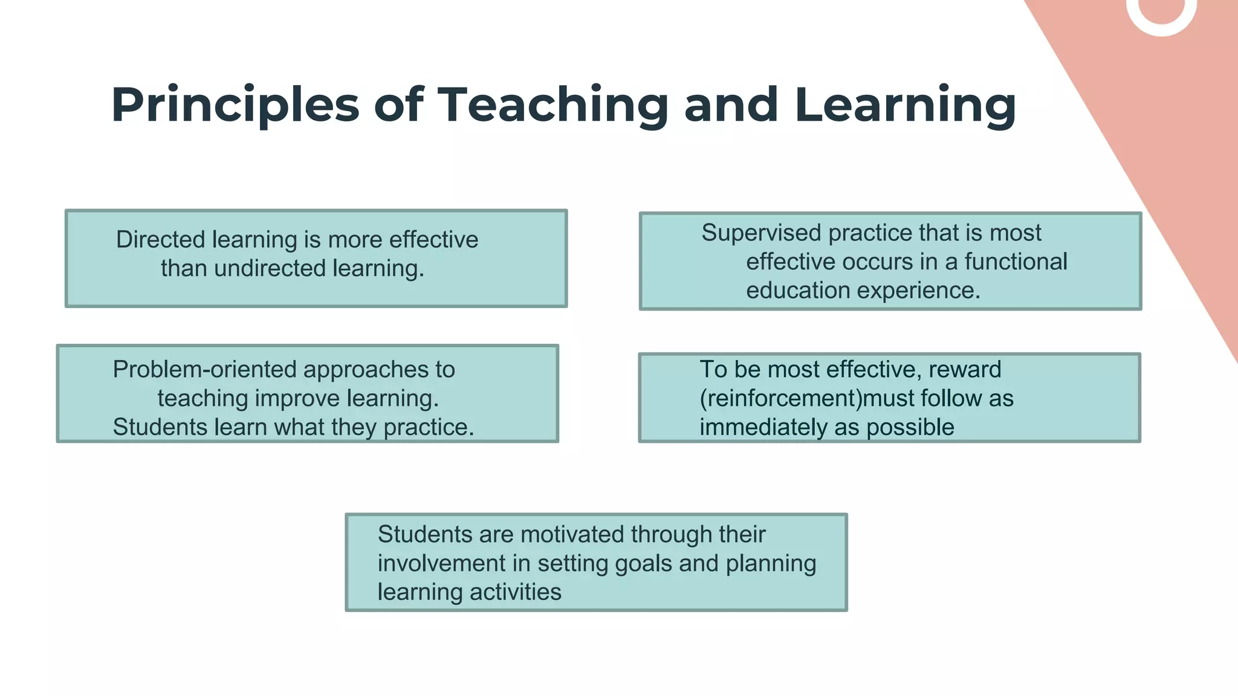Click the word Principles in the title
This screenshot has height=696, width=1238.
(235, 105)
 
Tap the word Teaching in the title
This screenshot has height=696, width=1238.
(553, 105)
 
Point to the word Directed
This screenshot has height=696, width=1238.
(160, 240)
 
